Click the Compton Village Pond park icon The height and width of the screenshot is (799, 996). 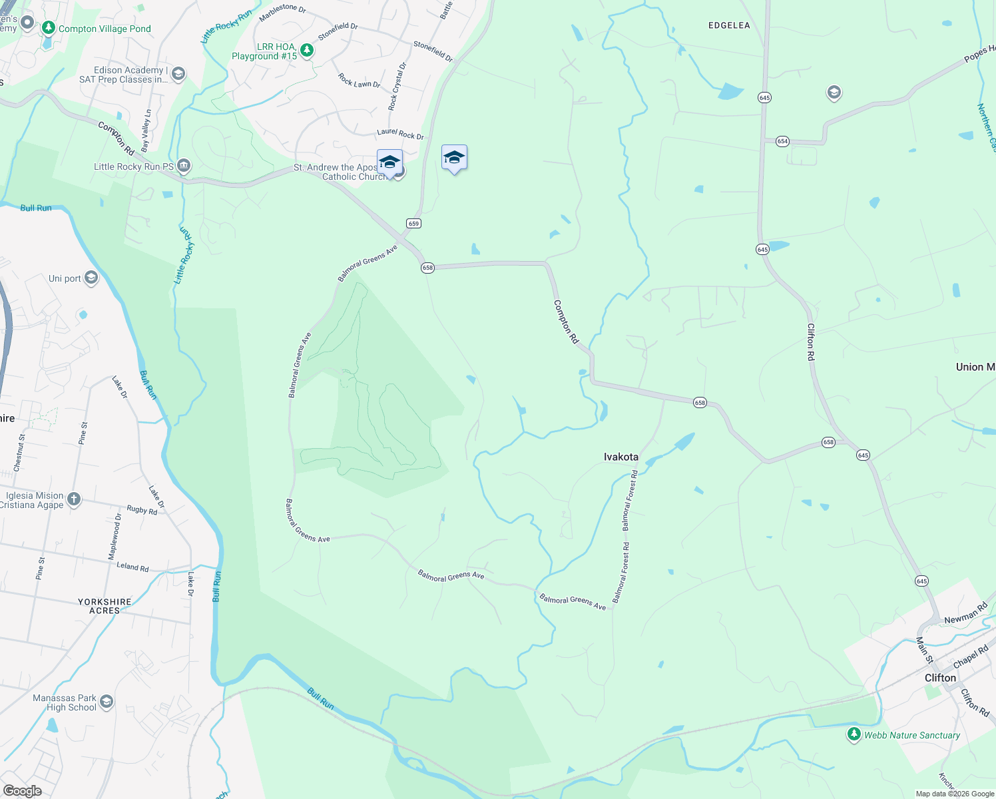pyautogui.click(x=48, y=28)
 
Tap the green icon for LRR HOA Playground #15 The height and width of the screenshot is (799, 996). pyautogui.click(x=306, y=51)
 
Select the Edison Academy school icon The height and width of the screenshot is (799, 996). pyautogui.click(x=178, y=74)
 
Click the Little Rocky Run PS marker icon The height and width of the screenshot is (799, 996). pyautogui.click(x=184, y=166)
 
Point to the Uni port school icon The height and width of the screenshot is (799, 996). pyautogui.click(x=91, y=278)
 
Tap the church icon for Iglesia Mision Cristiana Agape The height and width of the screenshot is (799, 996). pyautogui.click(x=74, y=499)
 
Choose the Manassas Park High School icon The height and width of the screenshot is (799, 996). pyautogui.click(x=106, y=702)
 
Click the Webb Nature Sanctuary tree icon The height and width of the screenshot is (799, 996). pyautogui.click(x=854, y=734)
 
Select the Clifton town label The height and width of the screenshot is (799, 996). pyautogui.click(x=940, y=678)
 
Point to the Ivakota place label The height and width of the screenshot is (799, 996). pyautogui.click(x=621, y=457)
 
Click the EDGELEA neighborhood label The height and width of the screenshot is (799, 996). pyautogui.click(x=729, y=25)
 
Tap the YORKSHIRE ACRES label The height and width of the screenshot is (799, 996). pyautogui.click(x=105, y=606)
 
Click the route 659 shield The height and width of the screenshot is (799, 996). pyautogui.click(x=413, y=224)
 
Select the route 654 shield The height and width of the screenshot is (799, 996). pyautogui.click(x=782, y=141)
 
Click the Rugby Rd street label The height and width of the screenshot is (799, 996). pyautogui.click(x=142, y=510)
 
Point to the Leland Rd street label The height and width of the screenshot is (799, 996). pyautogui.click(x=132, y=567)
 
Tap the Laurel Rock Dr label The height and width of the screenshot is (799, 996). pyautogui.click(x=400, y=134)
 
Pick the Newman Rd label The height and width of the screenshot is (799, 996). pyautogui.click(x=966, y=614)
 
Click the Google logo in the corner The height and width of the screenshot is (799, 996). pyautogui.click(x=22, y=790)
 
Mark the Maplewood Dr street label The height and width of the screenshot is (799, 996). pyautogui.click(x=115, y=536)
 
